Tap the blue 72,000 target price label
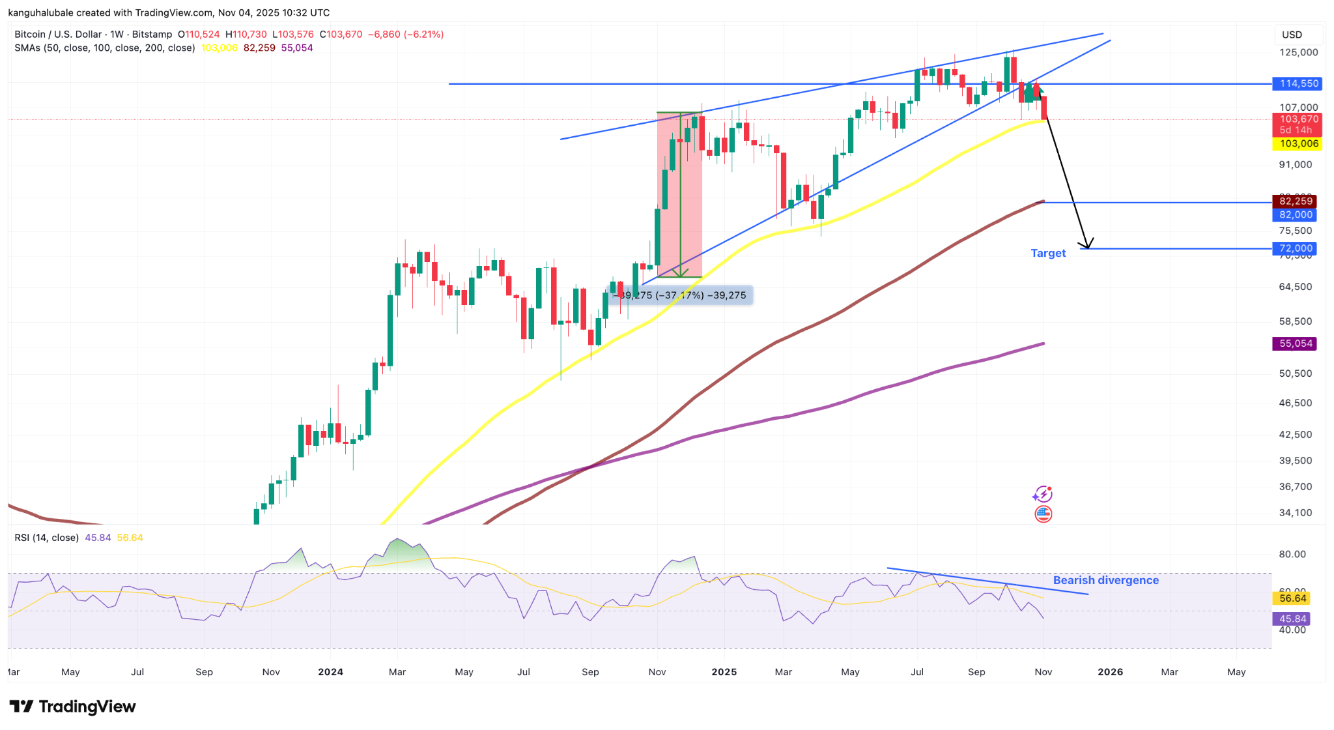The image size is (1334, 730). point(1296,248)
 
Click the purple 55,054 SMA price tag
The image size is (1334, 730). point(1295,343)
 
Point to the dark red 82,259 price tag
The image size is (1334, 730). point(1295,201)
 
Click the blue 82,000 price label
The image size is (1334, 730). point(1295,215)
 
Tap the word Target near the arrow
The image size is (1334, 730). point(1048,254)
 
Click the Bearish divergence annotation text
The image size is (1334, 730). point(1105,580)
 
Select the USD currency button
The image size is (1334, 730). point(1292,35)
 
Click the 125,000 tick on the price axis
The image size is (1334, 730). point(1298,53)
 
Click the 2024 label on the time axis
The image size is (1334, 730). point(330,672)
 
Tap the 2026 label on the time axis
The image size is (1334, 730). point(1110,672)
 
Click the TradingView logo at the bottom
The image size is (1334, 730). point(72,707)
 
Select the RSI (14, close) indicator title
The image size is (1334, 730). point(47,538)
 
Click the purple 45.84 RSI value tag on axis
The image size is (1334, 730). point(1292,619)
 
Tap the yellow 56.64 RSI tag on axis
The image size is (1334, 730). point(1292,598)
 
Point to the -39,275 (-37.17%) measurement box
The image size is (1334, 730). point(679,295)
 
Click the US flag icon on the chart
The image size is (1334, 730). point(1043,514)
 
